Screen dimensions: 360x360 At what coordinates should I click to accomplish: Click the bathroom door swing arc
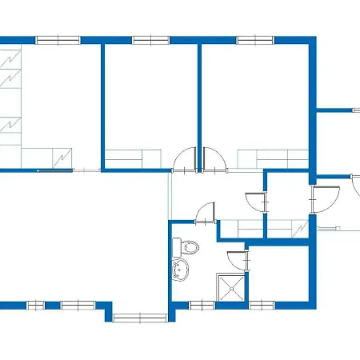[x=206, y=213]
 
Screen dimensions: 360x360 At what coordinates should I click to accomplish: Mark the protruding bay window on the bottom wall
[x=139, y=318]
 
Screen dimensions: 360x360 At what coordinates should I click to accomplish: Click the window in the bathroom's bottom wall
[x=202, y=305]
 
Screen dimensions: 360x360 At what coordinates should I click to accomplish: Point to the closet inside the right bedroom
[x=273, y=158]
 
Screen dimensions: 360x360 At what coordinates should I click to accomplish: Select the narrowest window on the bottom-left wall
[x=37, y=305]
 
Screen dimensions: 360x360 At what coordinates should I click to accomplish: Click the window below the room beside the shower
[x=262, y=305]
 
